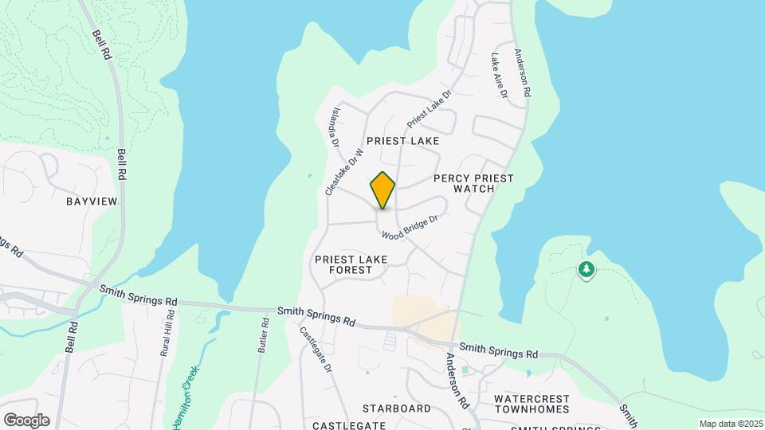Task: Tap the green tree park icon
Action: pos(586,270)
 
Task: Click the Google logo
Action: pos(26,420)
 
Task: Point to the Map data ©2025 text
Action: pos(731,424)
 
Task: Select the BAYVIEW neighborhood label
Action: pos(92,201)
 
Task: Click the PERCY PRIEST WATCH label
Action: pos(473,183)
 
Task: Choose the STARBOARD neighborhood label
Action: pos(396,408)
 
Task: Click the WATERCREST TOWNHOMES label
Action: pos(532,404)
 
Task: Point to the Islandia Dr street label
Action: pos(335,128)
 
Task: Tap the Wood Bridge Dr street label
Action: pos(410,228)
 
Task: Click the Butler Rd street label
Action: pos(264,335)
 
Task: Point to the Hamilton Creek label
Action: pos(184,397)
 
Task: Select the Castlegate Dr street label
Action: pos(316,350)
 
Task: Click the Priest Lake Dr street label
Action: pos(430,108)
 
